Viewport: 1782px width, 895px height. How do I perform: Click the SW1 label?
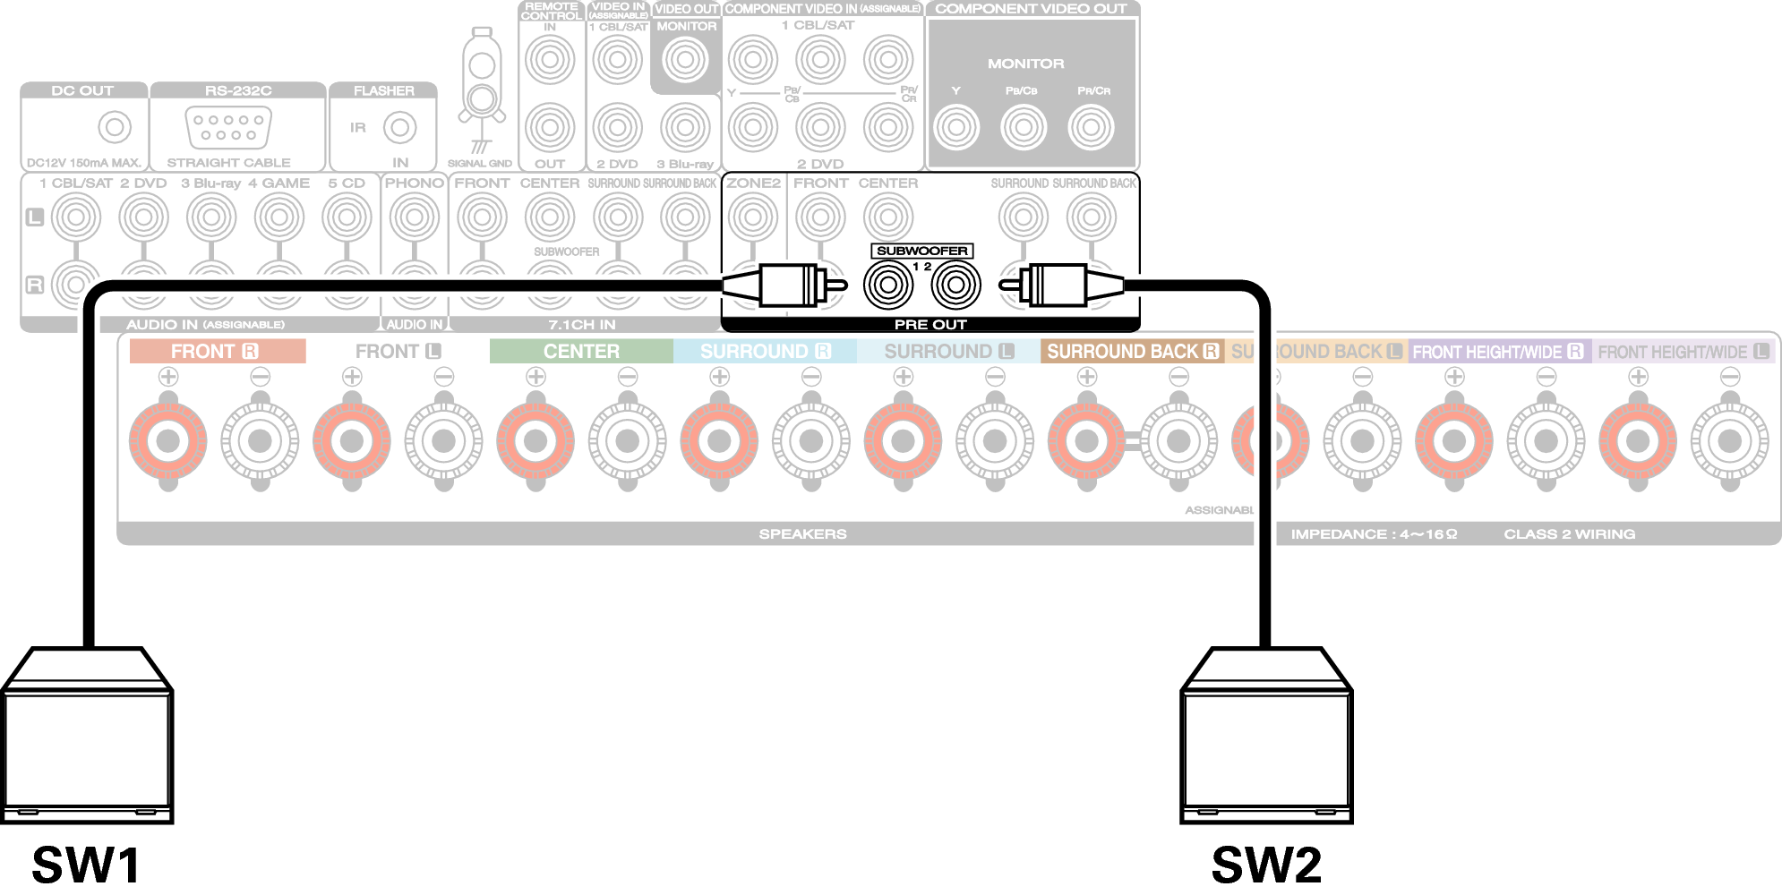click(87, 865)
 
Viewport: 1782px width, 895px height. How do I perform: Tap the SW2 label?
click(1266, 865)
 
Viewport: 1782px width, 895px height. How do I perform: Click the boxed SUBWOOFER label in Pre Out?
click(921, 251)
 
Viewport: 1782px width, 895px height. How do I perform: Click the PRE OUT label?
click(930, 324)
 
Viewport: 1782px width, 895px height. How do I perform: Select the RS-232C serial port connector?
click(227, 127)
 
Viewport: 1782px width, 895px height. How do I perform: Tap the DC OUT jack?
click(115, 127)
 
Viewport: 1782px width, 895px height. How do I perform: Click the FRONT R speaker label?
click(216, 352)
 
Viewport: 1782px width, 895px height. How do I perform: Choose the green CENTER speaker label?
click(581, 352)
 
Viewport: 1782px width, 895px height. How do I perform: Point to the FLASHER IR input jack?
click(399, 127)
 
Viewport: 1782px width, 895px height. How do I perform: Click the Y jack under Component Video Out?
click(955, 127)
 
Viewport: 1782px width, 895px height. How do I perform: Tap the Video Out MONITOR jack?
click(685, 61)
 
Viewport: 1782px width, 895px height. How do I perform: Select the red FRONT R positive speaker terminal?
click(168, 440)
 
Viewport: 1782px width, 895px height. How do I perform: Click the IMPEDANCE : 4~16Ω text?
click(1374, 534)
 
